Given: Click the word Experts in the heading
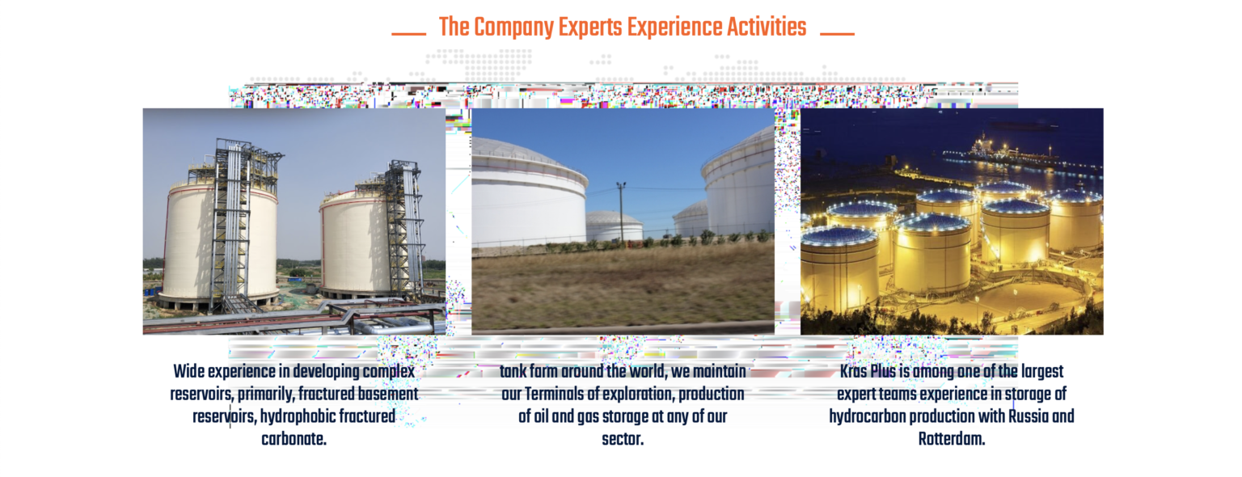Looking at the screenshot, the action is coord(590,27).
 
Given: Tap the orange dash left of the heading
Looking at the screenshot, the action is coord(408,34).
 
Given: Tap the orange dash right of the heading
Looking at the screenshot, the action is coord(837,34).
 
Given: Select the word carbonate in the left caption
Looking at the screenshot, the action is coord(294,439).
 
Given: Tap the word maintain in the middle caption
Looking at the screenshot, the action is coord(719,371).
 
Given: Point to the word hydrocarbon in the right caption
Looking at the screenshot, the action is coord(865,416).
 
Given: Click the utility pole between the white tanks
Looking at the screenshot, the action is coord(622,213).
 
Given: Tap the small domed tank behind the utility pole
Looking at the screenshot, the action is coord(614,226).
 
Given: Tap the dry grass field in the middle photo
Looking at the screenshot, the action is coord(623,289).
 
